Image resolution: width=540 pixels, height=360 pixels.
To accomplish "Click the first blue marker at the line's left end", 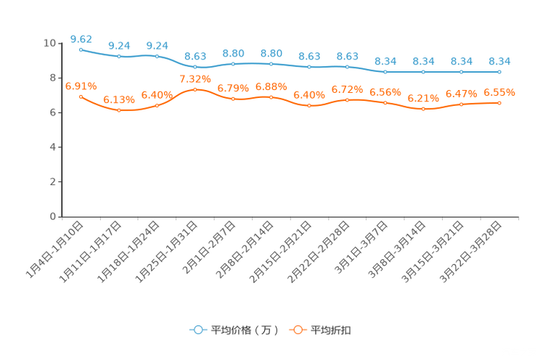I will (x=81, y=49).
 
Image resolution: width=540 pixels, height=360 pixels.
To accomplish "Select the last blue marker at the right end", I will (x=499, y=72).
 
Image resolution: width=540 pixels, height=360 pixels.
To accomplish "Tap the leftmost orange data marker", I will (x=81, y=97).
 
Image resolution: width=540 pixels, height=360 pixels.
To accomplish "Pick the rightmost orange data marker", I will (x=499, y=103).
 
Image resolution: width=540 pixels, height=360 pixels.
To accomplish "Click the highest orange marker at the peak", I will (x=195, y=89).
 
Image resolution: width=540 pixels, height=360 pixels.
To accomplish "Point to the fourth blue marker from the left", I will (x=195, y=67).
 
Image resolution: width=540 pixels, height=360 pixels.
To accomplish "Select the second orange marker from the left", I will (x=119, y=111).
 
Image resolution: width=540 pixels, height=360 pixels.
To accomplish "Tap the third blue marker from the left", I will (x=157, y=57).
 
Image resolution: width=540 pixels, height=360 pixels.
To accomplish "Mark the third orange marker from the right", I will (x=423, y=110).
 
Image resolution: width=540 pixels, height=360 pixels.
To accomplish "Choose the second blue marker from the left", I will (x=119, y=56).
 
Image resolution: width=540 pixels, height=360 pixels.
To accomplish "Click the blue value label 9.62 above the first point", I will (x=81, y=38).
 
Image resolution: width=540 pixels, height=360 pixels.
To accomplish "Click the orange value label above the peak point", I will (x=195, y=78).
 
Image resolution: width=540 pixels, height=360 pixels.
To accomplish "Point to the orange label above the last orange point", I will (x=499, y=92).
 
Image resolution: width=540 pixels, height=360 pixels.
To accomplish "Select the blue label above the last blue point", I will (x=499, y=61).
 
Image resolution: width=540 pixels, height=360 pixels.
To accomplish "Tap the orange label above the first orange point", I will (x=81, y=86).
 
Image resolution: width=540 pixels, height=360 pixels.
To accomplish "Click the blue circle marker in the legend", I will (x=197, y=330).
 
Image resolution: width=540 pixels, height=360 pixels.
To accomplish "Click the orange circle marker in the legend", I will (x=298, y=330).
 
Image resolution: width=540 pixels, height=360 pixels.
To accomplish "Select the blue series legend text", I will (x=245, y=330).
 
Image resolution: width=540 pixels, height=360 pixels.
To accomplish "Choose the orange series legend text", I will (x=332, y=330).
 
